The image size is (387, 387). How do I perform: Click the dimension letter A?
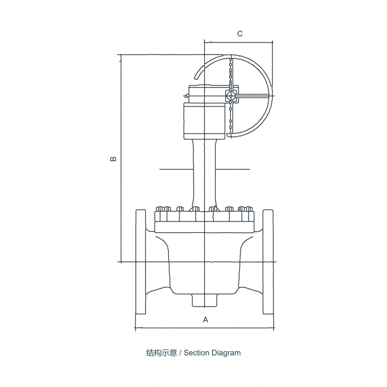click(205, 320)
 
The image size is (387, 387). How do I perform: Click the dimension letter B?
click(113, 159)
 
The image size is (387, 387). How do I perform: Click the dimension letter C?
click(239, 33)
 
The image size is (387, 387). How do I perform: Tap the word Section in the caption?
click(196, 353)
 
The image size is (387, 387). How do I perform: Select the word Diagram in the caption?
click(226, 353)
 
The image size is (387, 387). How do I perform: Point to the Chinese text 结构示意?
click(162, 353)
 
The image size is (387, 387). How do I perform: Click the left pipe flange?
click(141, 262)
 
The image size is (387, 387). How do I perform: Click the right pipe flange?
click(268, 262)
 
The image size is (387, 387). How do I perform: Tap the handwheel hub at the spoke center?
click(231, 95)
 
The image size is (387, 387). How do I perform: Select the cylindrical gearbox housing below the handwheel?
click(205, 121)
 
